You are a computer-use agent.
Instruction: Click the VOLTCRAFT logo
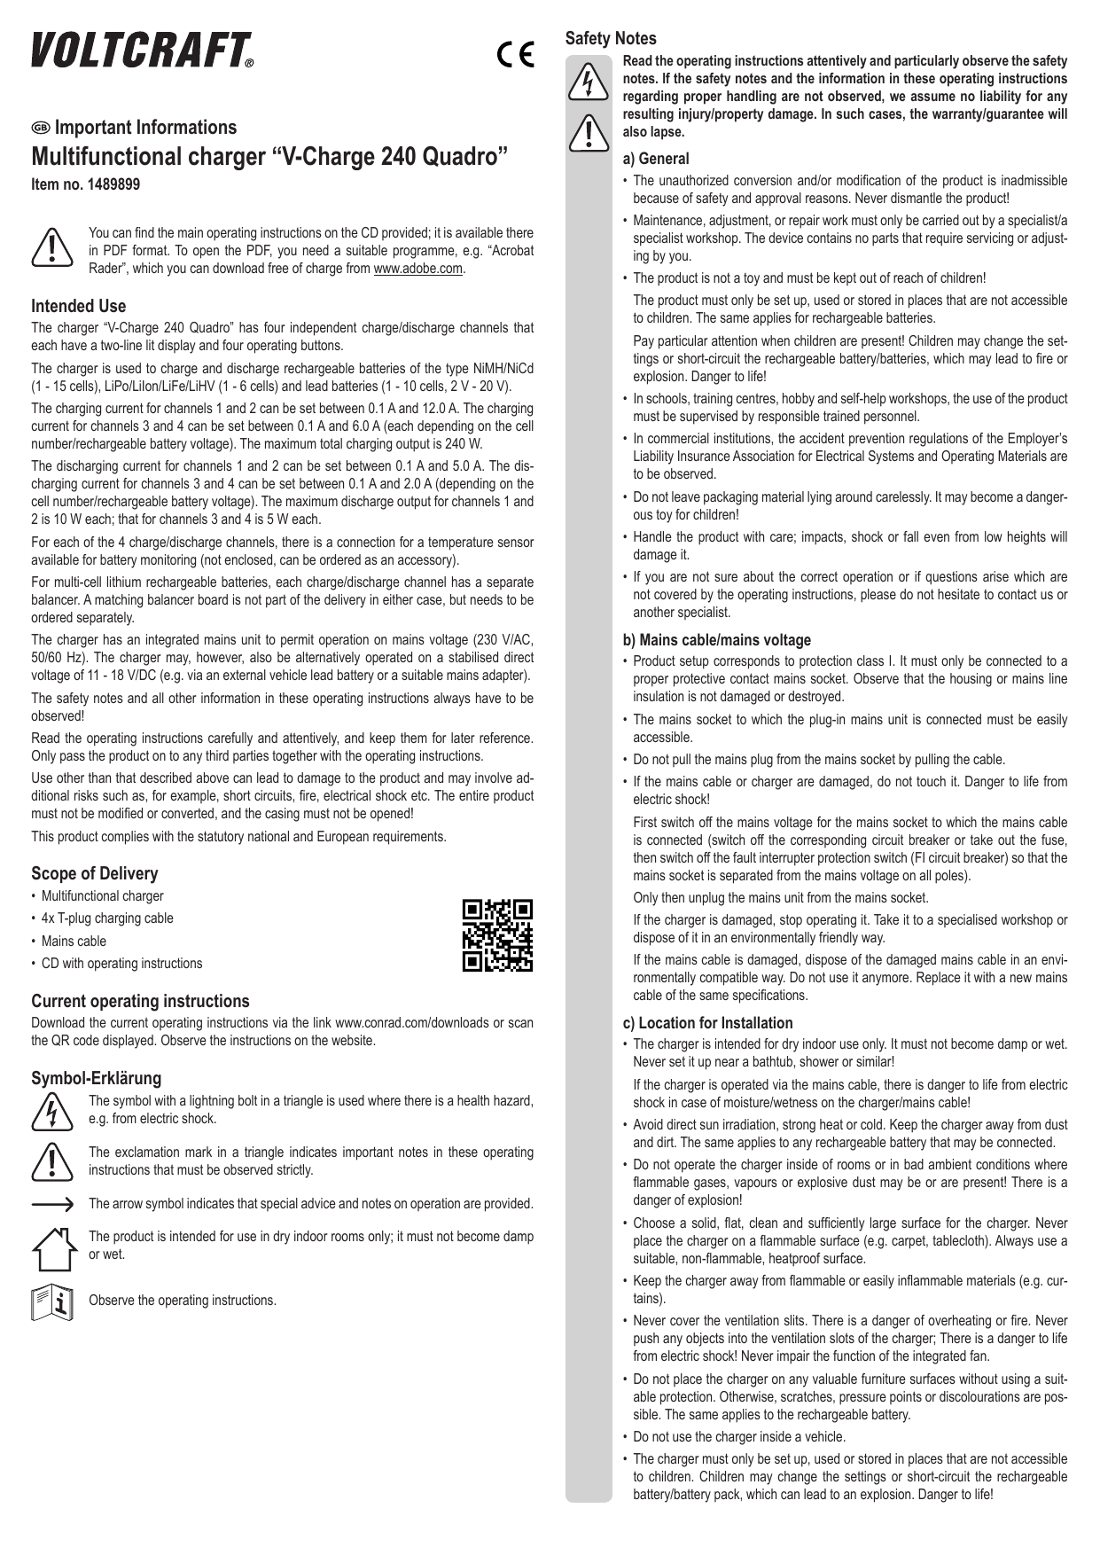[x=143, y=51]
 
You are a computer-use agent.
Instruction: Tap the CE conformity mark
[x=514, y=56]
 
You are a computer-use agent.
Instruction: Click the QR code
[x=498, y=935]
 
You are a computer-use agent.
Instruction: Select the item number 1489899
[x=85, y=184]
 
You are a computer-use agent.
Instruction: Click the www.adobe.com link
[x=418, y=269]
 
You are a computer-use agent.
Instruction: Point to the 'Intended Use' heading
[x=78, y=306]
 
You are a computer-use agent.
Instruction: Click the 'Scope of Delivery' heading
[x=94, y=873]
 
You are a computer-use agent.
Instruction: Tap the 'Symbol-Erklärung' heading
[x=96, y=1078]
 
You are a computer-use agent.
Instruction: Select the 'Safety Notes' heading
[x=611, y=38]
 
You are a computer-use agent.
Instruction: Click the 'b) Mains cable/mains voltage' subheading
[x=716, y=639]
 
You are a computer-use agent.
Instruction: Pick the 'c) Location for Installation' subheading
[x=707, y=1022]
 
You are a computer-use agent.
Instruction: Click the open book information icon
[x=51, y=1301]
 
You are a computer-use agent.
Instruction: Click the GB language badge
[x=41, y=128]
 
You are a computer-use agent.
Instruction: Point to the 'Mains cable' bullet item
[x=73, y=941]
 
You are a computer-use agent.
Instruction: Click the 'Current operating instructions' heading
[x=140, y=1001]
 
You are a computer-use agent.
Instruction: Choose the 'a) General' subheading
[x=656, y=159]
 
